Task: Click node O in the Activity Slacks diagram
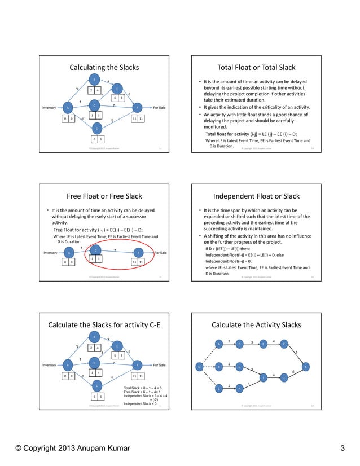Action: [x=198, y=367]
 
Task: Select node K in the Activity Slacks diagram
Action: [x=305, y=367]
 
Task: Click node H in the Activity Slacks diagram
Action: [x=239, y=389]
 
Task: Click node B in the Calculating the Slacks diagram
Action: [x=94, y=78]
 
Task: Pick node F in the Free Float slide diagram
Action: [x=137, y=253]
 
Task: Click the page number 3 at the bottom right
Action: [x=343, y=449]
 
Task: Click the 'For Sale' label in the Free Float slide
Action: [x=160, y=253]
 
